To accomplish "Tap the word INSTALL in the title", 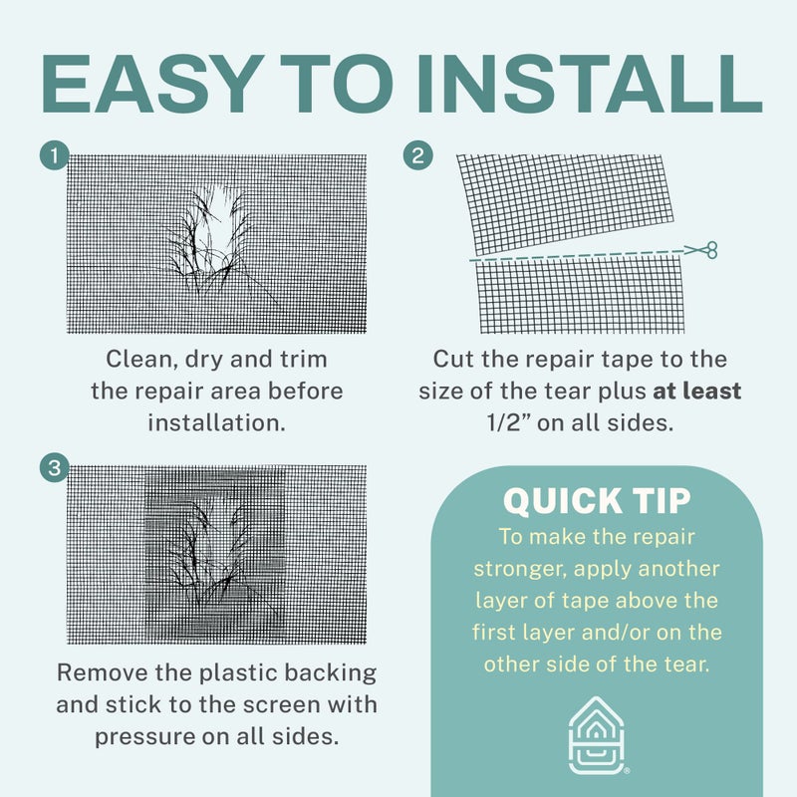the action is pos(589,84).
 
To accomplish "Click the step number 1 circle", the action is pos(55,155).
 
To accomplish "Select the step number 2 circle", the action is pos(417,155).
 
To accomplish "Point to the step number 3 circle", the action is pos(55,467).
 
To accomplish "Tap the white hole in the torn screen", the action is pos(220,218).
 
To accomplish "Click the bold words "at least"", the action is pos(696,391).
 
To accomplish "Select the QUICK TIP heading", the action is pos(597,501).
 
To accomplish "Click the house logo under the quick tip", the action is pos(596,735).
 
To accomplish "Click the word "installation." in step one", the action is pos(216,422).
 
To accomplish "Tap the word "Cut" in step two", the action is pos(453,360).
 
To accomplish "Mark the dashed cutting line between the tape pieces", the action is pos(577,255).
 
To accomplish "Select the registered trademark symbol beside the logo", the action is pos(627,770).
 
